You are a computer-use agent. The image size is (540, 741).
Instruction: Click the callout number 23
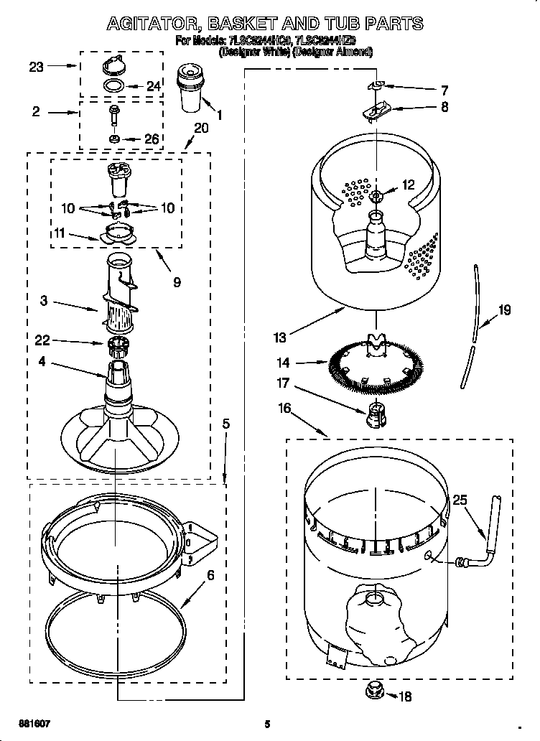[x=36, y=67]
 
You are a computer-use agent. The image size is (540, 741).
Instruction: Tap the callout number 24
[x=153, y=86]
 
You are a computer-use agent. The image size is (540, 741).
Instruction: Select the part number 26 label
[x=152, y=139]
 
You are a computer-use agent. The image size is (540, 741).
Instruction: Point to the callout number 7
[x=444, y=90]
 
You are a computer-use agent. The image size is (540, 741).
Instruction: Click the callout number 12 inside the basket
[x=408, y=185]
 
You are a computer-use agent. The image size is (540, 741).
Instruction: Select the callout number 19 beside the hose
[x=505, y=311]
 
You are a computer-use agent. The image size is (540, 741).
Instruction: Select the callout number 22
[x=42, y=340]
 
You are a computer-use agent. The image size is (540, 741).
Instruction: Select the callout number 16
[x=284, y=409]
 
